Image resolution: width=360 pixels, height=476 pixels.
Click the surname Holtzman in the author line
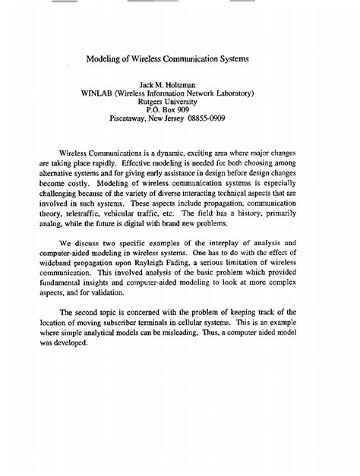pos(194,82)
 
